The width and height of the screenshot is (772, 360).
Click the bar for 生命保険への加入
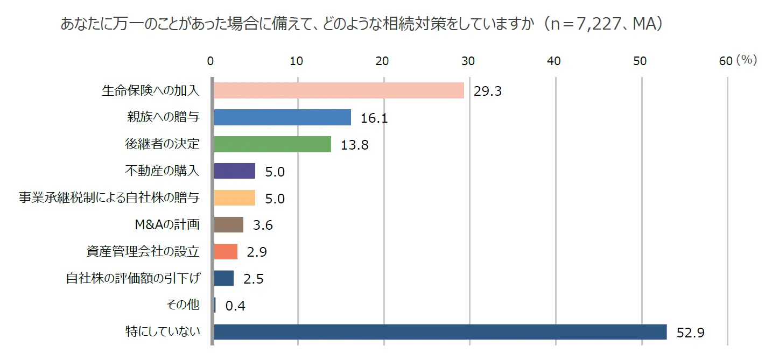coord(339,90)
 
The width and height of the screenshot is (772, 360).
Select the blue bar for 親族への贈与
coord(282,117)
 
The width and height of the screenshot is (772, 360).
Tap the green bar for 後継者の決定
coord(272,144)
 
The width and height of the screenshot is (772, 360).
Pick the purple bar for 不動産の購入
coord(234,171)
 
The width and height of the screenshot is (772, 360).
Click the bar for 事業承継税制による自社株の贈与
coord(234,198)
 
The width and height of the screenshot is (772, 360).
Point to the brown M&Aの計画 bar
coord(228,225)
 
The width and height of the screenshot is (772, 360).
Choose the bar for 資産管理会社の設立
coord(226,251)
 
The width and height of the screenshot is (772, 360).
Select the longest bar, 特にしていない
coord(440,332)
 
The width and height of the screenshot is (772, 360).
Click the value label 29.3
coord(487,91)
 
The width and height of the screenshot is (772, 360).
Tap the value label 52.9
coord(690,333)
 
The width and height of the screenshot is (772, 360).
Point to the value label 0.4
coord(235,306)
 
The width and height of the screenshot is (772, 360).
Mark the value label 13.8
coord(354,145)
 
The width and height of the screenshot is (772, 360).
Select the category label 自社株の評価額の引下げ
coord(132,278)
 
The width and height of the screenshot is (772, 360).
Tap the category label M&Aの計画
coord(167,224)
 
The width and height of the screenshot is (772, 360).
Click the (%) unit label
coord(747,60)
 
